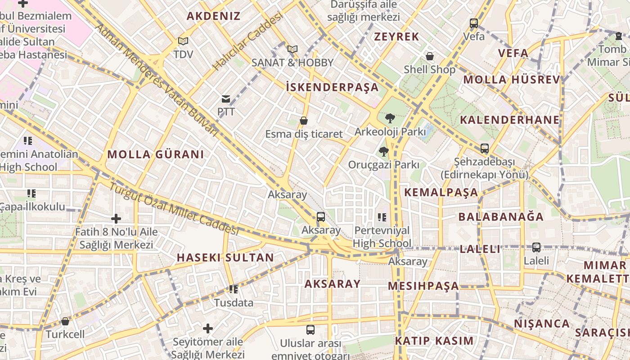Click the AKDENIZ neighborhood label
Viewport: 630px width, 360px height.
coord(213,16)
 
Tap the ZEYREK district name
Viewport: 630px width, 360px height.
coord(396,37)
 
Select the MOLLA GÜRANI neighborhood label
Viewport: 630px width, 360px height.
coord(155,154)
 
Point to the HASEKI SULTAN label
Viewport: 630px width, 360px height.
coord(225,257)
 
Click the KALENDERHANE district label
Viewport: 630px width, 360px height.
coord(509,120)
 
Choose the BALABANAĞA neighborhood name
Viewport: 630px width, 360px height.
coord(501,216)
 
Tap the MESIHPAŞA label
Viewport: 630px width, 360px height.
coord(423,286)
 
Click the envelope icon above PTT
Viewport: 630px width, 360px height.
coord(225,99)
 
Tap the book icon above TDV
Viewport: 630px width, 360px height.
coord(183,41)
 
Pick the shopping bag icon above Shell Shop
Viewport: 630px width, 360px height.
coord(430,56)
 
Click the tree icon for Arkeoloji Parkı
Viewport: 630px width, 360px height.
coord(390,118)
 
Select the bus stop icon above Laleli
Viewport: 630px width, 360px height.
coord(536,247)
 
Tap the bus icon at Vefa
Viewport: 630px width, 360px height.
coord(473,23)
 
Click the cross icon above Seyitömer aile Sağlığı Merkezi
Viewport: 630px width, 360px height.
coord(208,328)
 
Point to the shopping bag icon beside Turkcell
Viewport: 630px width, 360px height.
coord(65,321)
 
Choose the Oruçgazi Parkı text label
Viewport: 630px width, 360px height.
coord(383,165)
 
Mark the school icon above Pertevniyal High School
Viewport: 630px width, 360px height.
coord(382,217)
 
